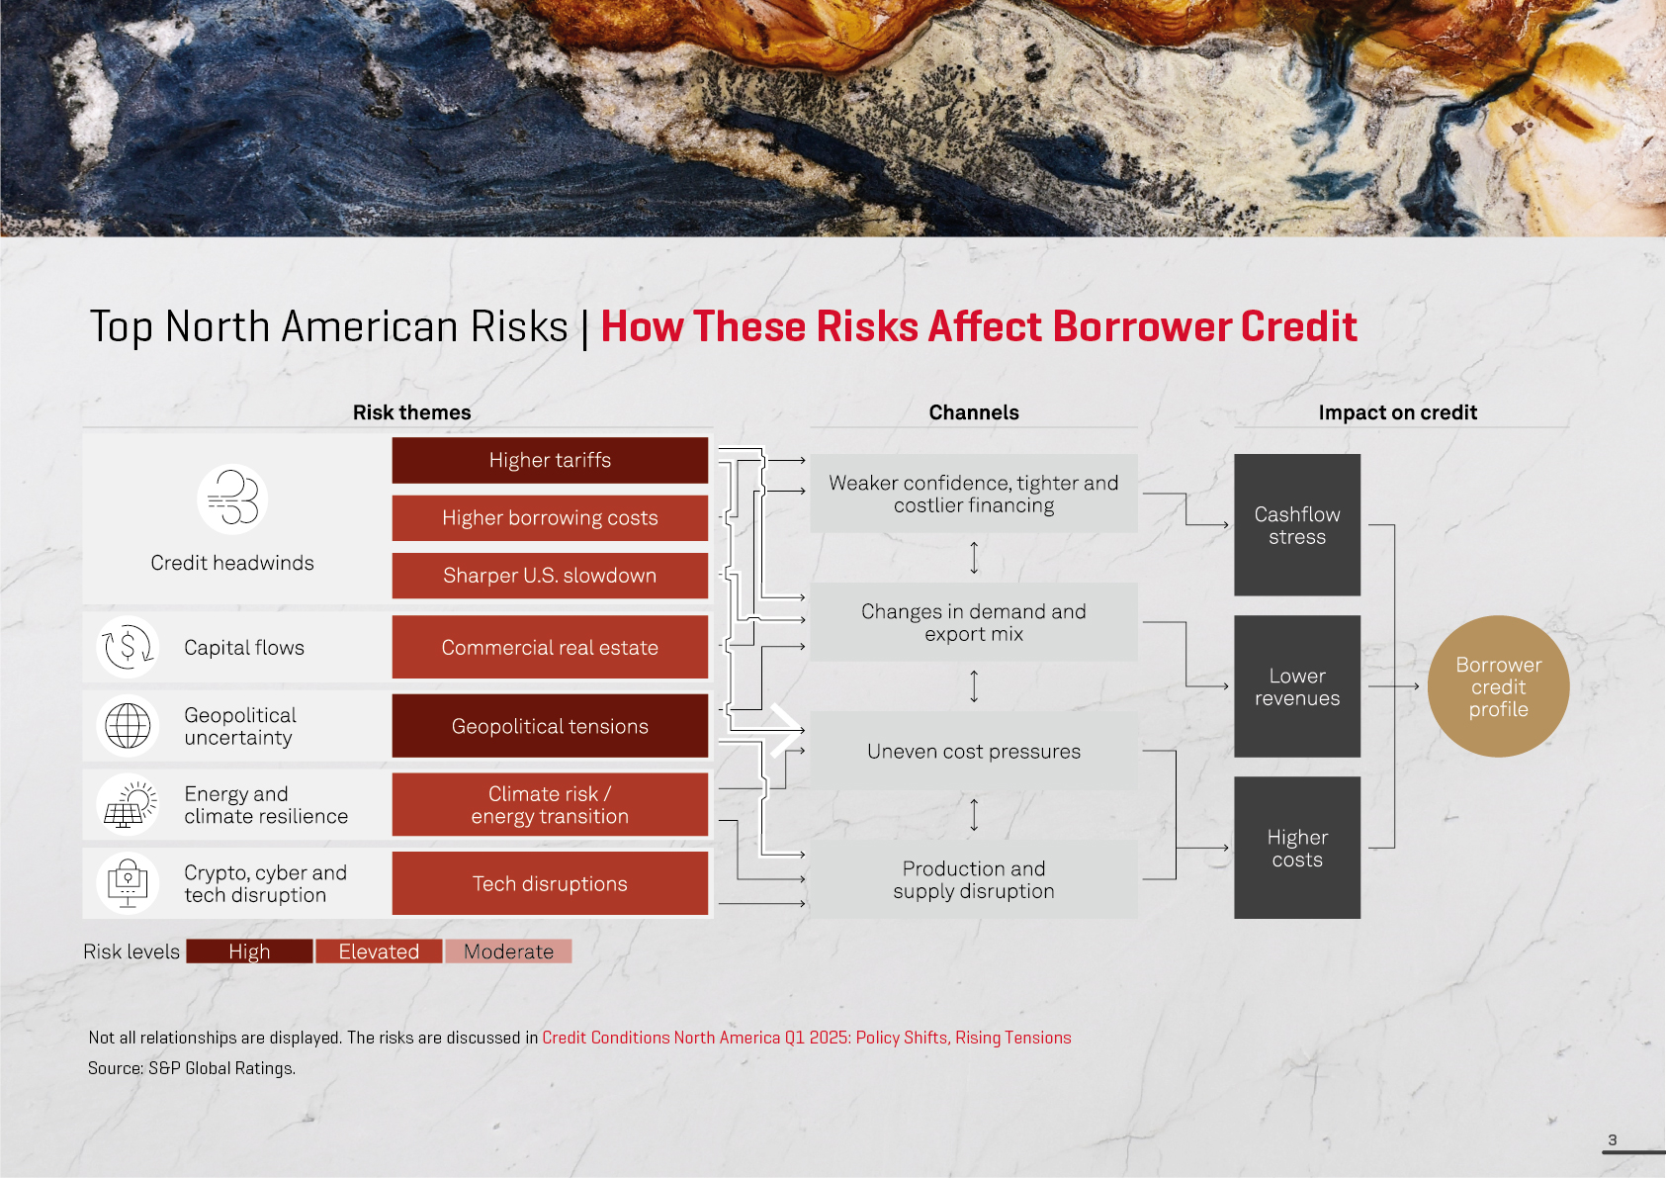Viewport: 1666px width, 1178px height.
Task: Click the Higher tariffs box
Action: coord(550,460)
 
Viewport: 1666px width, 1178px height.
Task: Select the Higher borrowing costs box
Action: coord(550,518)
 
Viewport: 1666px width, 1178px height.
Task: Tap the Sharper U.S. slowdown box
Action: coord(550,576)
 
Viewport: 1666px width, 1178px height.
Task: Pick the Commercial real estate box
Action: coord(550,647)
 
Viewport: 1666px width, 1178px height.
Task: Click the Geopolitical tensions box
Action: coord(550,726)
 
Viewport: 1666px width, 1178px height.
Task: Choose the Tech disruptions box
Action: coord(550,883)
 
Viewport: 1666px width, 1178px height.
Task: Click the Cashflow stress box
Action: coord(1297,524)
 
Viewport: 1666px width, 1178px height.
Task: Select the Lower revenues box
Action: coord(1297,686)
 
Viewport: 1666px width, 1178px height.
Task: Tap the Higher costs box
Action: coord(1297,848)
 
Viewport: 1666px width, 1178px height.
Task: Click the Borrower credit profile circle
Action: coord(1498,686)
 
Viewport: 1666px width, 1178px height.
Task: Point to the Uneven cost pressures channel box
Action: coord(974,751)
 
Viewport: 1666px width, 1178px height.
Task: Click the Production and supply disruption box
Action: coord(974,879)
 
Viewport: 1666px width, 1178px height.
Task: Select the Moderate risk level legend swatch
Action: coord(509,951)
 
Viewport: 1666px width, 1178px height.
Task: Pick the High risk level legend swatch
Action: coord(249,951)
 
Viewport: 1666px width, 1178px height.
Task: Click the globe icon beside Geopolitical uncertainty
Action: coord(128,726)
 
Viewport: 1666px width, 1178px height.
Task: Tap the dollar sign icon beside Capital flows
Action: coord(128,647)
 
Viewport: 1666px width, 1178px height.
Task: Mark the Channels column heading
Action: coord(974,412)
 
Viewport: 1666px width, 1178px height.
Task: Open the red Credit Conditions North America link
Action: coord(806,1038)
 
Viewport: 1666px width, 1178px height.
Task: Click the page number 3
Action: coord(1613,1139)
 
